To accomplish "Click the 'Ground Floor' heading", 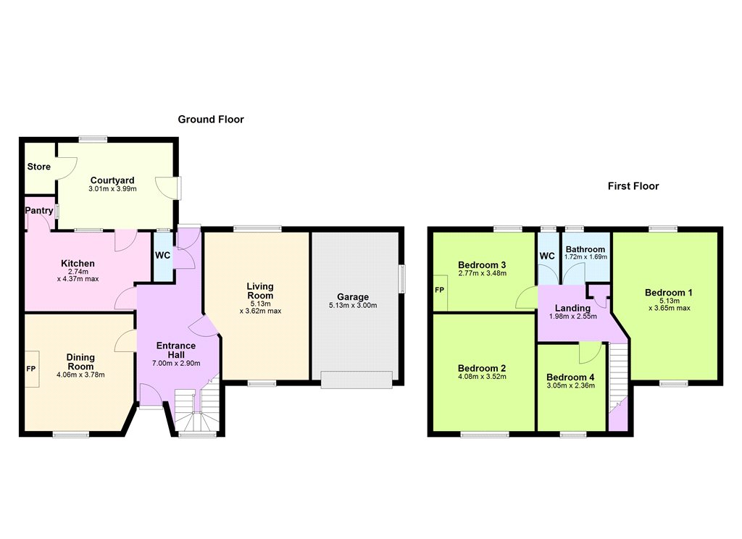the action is [211, 120].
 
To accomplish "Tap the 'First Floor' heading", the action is [633, 186].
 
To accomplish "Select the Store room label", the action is [39, 167].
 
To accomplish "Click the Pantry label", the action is [39, 211].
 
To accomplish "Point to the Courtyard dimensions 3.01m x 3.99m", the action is [112, 189].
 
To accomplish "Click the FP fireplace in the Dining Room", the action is [31, 369].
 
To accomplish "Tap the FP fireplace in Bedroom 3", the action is [440, 290].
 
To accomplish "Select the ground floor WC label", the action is [163, 256].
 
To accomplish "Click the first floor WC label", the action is [547, 256].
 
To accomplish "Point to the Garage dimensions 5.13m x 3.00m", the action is [353, 305].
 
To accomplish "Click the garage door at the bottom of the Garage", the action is [357, 380].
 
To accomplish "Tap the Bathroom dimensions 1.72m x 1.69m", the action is [585, 257].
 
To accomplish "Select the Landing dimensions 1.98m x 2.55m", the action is [572, 316].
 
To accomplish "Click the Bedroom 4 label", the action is [570, 377].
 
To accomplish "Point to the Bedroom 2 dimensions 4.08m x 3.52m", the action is [482, 377].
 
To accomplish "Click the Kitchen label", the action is [78, 264].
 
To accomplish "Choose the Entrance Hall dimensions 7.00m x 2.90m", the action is [176, 364].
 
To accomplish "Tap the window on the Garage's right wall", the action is [402, 279].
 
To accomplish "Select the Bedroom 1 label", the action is [668, 293].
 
